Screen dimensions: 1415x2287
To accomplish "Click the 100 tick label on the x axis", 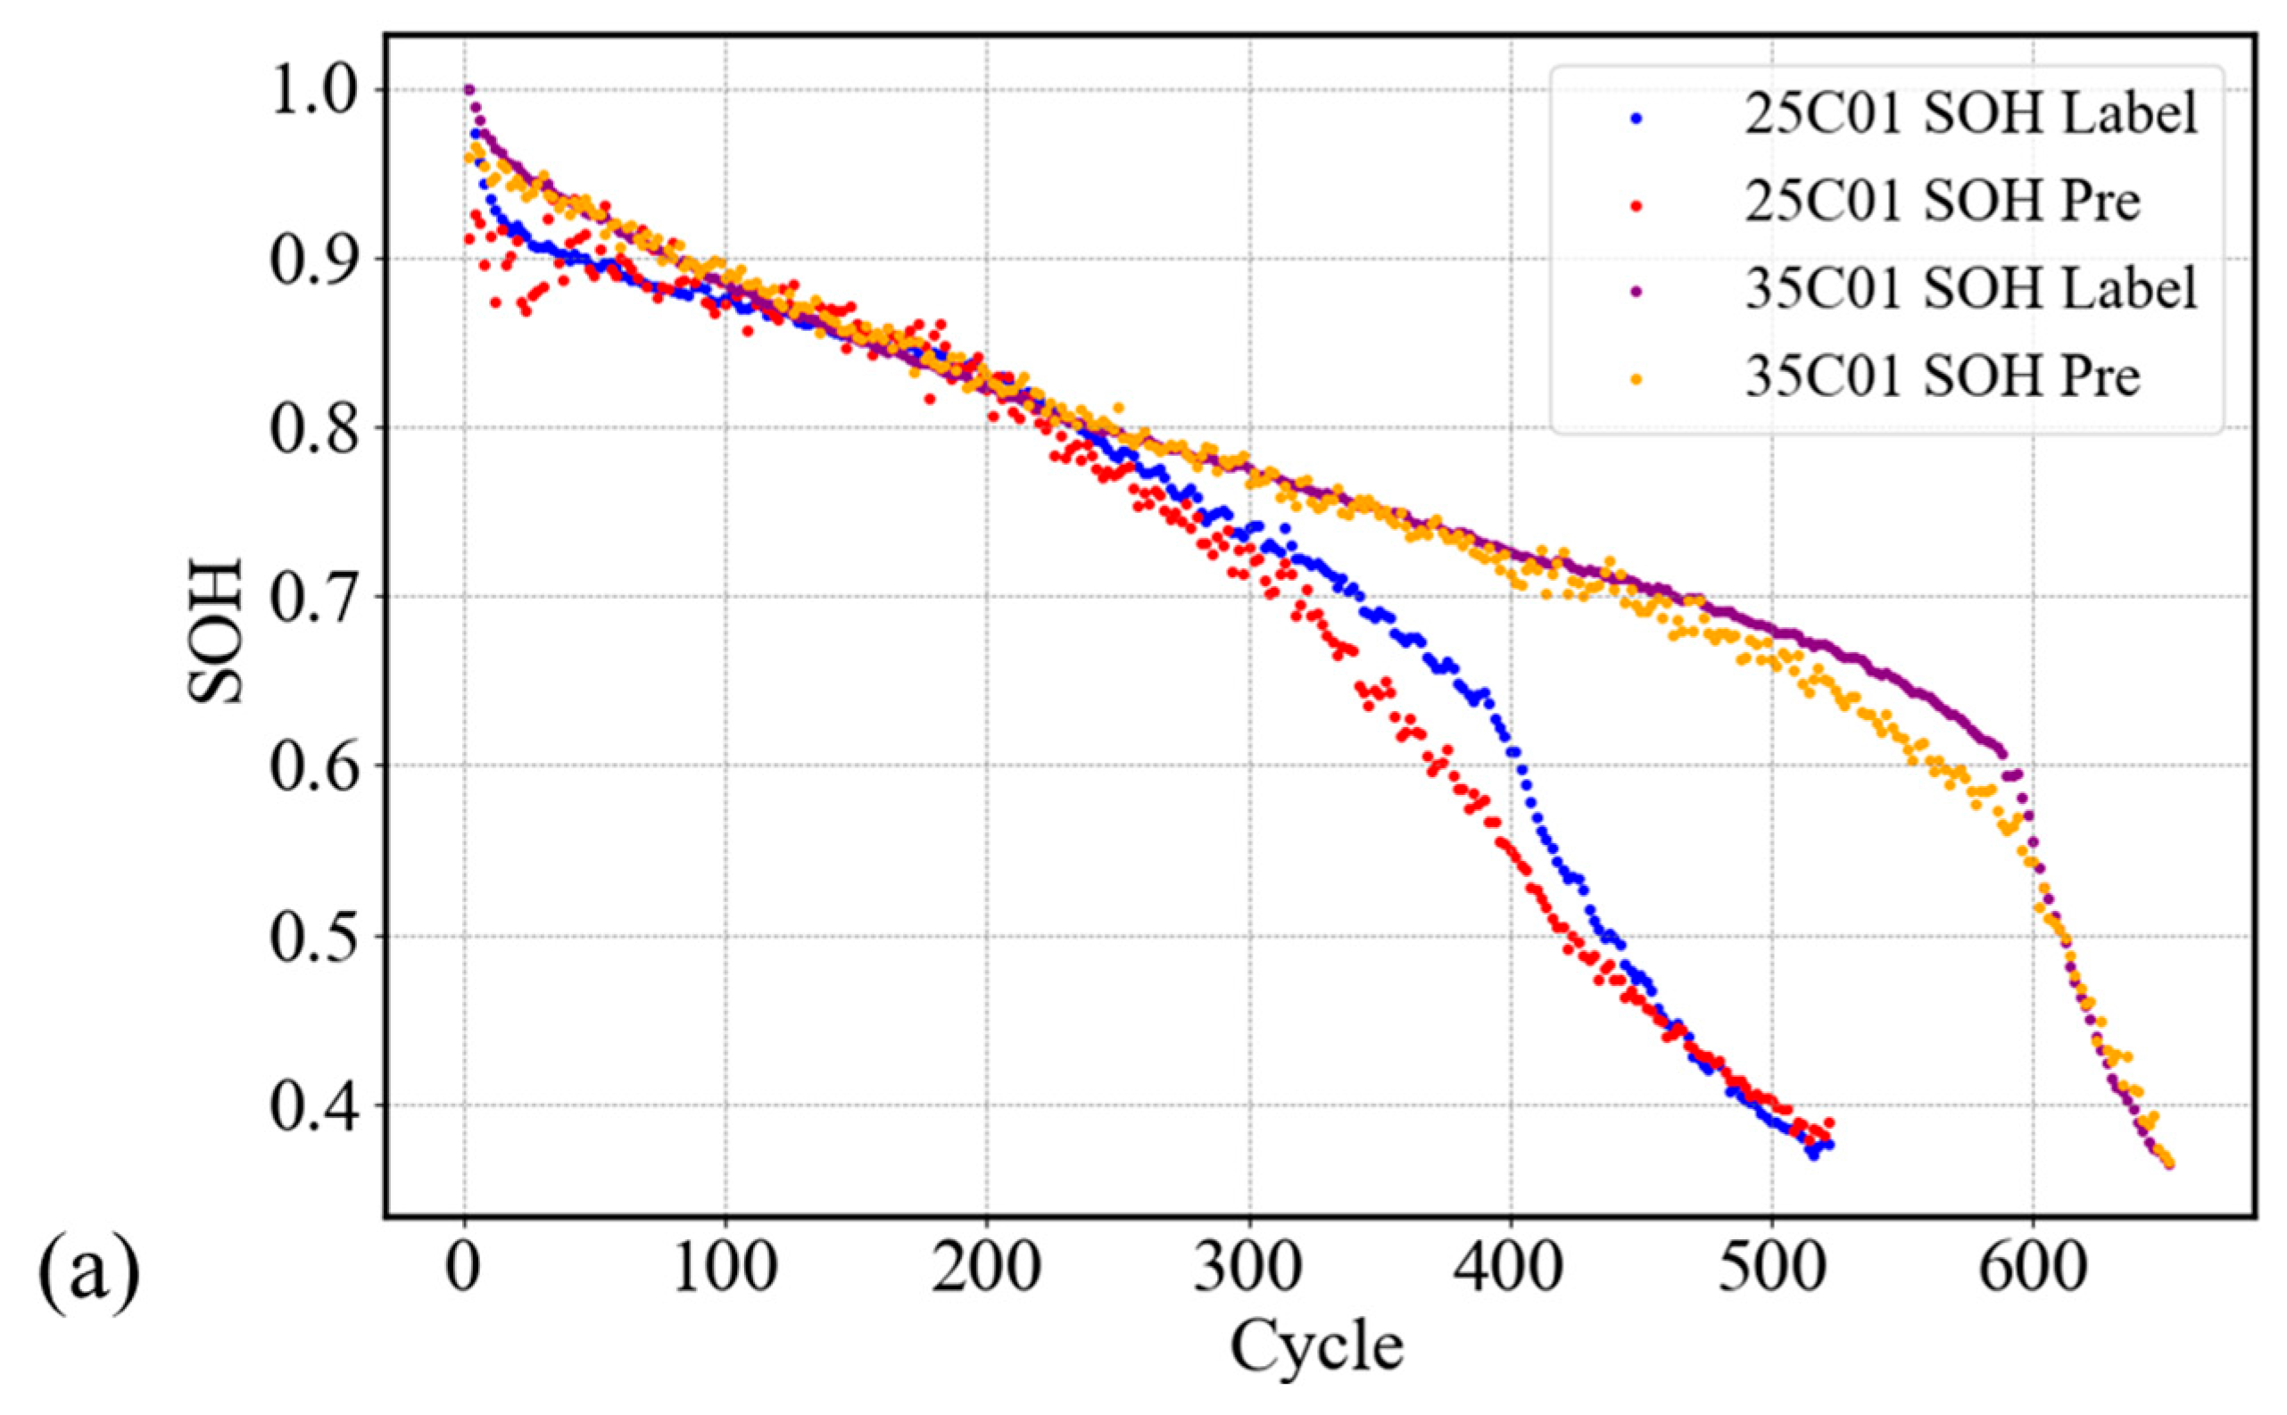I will coord(725,1267).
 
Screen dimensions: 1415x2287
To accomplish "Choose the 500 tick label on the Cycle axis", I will coord(1772,1267).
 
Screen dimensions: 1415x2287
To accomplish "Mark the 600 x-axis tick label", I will coord(2034,1267).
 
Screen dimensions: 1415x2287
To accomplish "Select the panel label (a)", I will coord(89,1277).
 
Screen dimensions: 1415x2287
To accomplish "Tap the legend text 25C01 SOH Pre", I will coord(1942,202).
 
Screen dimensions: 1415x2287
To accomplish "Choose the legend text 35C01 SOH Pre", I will coord(1942,376).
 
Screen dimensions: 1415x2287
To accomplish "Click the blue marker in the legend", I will coord(1636,118).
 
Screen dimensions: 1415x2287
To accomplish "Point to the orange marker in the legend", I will coord(1636,378).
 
